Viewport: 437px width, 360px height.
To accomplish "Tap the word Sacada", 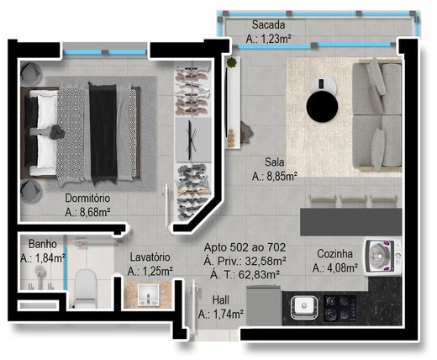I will (x=266, y=24).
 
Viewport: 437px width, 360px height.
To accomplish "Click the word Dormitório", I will (x=94, y=199).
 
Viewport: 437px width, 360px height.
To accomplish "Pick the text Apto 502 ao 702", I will (x=245, y=247).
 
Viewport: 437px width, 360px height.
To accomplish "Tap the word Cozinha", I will (x=334, y=254).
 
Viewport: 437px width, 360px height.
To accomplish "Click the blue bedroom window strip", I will (x=101, y=55).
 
